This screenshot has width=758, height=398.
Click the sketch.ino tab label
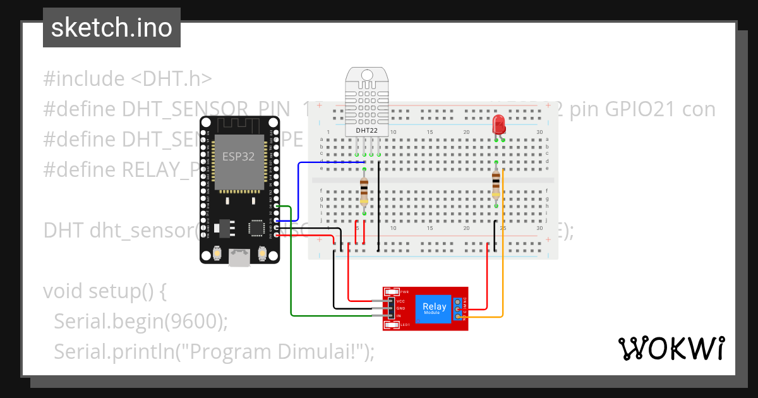pos(111,28)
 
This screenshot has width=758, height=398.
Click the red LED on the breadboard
pos(498,124)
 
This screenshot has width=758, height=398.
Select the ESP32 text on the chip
pos(238,157)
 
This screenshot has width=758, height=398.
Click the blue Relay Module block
pos(433,308)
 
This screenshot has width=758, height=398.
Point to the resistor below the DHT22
pos(364,191)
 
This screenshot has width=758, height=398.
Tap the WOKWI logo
pos(671,348)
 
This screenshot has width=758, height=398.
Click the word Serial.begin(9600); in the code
pos(140,322)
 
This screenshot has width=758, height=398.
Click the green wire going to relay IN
pos(291,272)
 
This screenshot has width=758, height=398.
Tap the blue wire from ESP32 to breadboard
pos(299,190)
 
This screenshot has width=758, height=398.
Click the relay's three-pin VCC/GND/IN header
pos(390,308)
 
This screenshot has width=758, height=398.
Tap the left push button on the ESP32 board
pos(217,253)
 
